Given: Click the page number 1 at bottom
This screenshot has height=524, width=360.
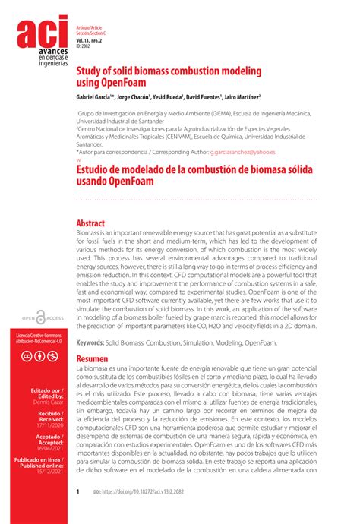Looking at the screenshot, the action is click(78, 492).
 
